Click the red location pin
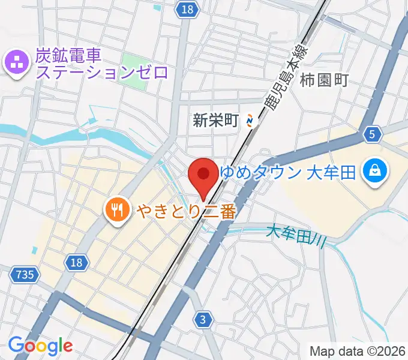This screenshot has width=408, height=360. [203, 176]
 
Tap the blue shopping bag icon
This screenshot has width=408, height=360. [374, 173]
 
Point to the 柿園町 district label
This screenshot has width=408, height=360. [324, 79]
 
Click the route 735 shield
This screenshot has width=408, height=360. [25, 275]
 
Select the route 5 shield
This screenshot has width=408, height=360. [373, 135]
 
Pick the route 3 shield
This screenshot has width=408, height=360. [204, 320]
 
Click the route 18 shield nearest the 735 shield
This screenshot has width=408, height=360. [76, 262]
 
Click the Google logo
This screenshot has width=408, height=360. [40, 346]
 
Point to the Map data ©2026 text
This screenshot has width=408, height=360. [358, 350]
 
